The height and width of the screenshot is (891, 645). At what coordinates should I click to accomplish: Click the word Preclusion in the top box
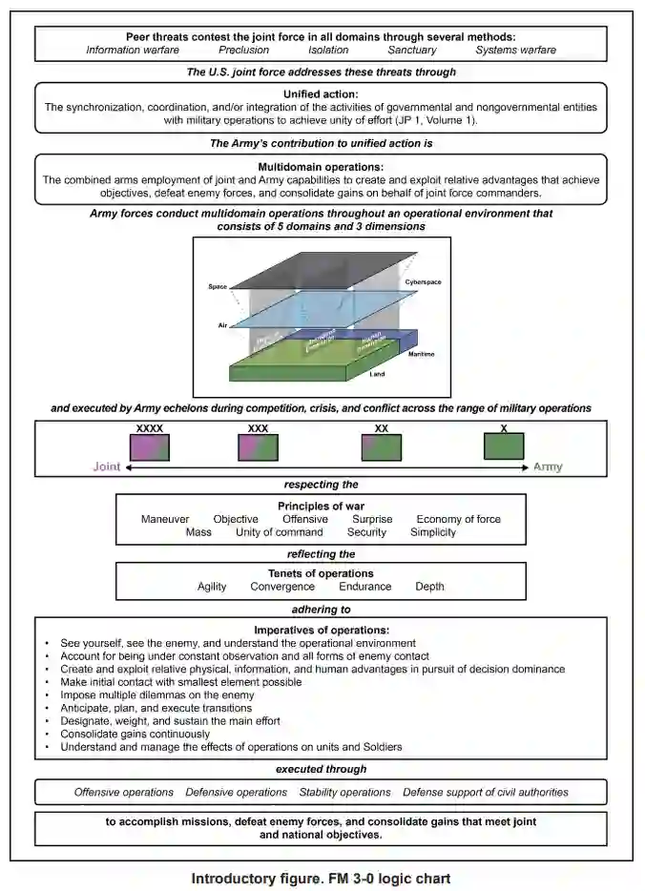[243, 50]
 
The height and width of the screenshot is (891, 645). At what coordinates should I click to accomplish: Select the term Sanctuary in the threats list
[411, 50]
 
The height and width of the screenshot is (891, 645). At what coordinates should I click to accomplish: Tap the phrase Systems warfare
[515, 50]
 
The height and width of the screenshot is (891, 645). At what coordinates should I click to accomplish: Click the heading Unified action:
[321, 93]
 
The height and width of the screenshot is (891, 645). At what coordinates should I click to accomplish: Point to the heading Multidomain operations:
[321, 165]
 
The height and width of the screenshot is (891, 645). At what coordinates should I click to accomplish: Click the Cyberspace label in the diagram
[423, 282]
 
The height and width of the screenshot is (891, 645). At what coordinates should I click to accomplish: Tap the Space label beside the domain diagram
[217, 286]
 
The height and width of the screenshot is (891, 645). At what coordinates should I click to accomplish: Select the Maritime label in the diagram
[422, 354]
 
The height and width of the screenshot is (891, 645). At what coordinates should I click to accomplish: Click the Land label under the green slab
[377, 375]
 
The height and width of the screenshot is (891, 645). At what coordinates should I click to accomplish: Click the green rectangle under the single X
[503, 446]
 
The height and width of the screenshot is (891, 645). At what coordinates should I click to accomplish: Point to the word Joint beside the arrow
[107, 467]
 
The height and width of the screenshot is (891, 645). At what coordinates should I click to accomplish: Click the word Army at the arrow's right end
[547, 467]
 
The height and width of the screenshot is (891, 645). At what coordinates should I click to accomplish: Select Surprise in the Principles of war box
[372, 519]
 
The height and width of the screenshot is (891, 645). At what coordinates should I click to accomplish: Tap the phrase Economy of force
[458, 519]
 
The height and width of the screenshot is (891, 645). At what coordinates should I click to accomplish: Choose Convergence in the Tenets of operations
[282, 586]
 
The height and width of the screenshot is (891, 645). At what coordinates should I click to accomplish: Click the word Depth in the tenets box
[429, 586]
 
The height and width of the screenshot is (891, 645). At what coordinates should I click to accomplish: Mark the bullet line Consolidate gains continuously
[135, 735]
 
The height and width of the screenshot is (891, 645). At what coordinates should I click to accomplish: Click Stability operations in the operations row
[344, 792]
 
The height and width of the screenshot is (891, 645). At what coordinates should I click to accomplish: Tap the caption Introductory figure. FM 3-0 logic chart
[321, 878]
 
